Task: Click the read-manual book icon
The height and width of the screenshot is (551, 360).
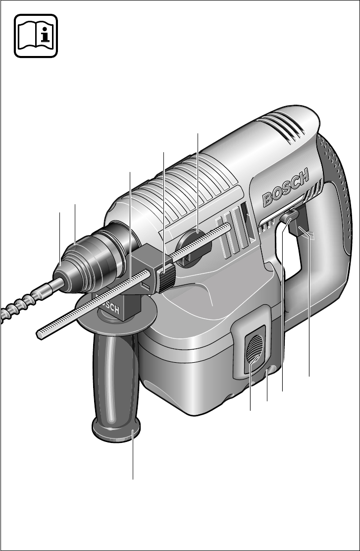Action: (36, 36)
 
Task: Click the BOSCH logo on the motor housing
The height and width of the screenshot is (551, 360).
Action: (286, 188)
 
